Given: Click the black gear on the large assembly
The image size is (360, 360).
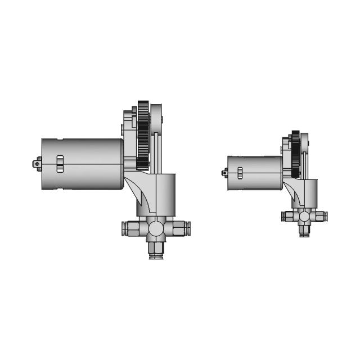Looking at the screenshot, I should [x=142, y=135].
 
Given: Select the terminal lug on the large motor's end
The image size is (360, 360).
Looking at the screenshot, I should [x=37, y=164].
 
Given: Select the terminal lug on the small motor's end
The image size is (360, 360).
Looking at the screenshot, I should [x=224, y=173].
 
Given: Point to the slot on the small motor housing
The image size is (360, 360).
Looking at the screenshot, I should [x=240, y=173].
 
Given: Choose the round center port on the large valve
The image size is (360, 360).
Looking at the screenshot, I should [x=155, y=228].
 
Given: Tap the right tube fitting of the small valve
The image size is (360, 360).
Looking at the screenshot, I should [x=318, y=216].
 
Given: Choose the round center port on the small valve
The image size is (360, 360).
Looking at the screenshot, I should [x=304, y=216].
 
